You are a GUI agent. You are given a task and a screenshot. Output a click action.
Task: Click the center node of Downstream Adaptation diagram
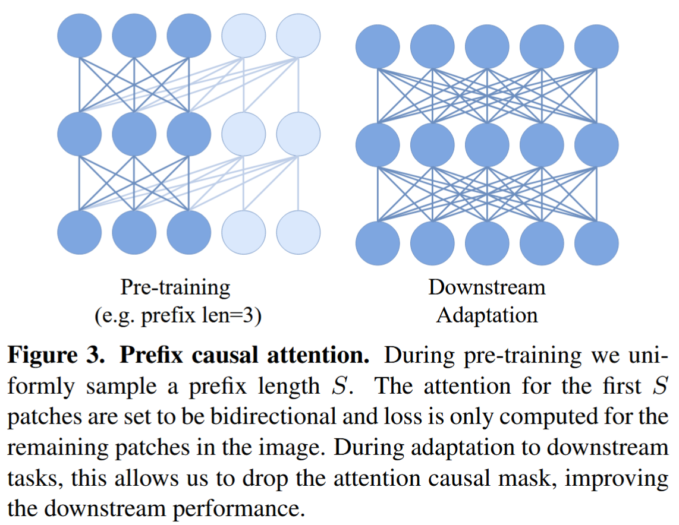tap(487, 144)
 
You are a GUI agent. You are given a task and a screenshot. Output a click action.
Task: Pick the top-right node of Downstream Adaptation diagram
tap(596, 46)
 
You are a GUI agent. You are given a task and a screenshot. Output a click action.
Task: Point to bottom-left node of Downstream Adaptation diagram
tap(378, 243)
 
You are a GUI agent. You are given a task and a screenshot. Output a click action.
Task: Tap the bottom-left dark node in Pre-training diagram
tap(80, 232)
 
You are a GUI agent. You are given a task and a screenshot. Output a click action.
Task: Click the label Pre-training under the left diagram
tap(175, 288)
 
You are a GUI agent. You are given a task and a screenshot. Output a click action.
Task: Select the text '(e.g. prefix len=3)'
tap(178, 315)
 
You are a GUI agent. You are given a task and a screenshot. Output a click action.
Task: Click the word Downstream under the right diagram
tap(486, 288)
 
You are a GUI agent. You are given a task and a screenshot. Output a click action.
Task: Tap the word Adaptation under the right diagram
tap(486, 315)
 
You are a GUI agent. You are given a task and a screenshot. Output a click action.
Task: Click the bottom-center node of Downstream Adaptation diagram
tap(487, 243)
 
